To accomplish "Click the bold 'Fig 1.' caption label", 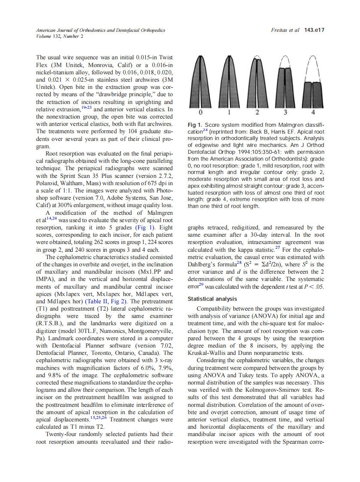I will (196, 125).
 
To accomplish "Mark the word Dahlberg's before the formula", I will (204, 265).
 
